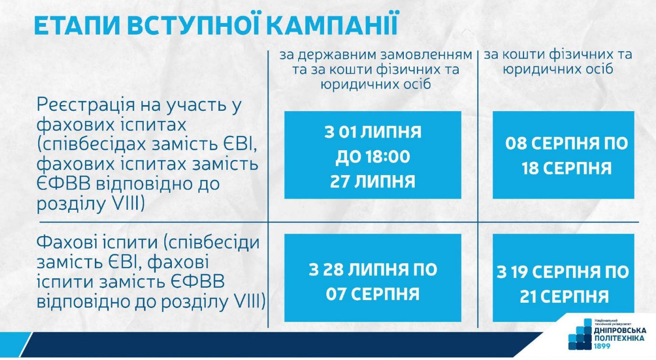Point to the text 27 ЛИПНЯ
coord(372,182)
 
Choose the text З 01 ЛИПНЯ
coord(373,132)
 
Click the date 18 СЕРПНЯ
coord(566,169)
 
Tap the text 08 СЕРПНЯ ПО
coord(566,144)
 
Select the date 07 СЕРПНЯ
coord(372,294)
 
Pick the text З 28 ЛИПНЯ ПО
coord(372,269)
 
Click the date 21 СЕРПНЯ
coord(564,297)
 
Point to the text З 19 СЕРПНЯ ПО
coord(563,272)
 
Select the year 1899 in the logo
coord(602,346)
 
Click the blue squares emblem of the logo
coord(580,334)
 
